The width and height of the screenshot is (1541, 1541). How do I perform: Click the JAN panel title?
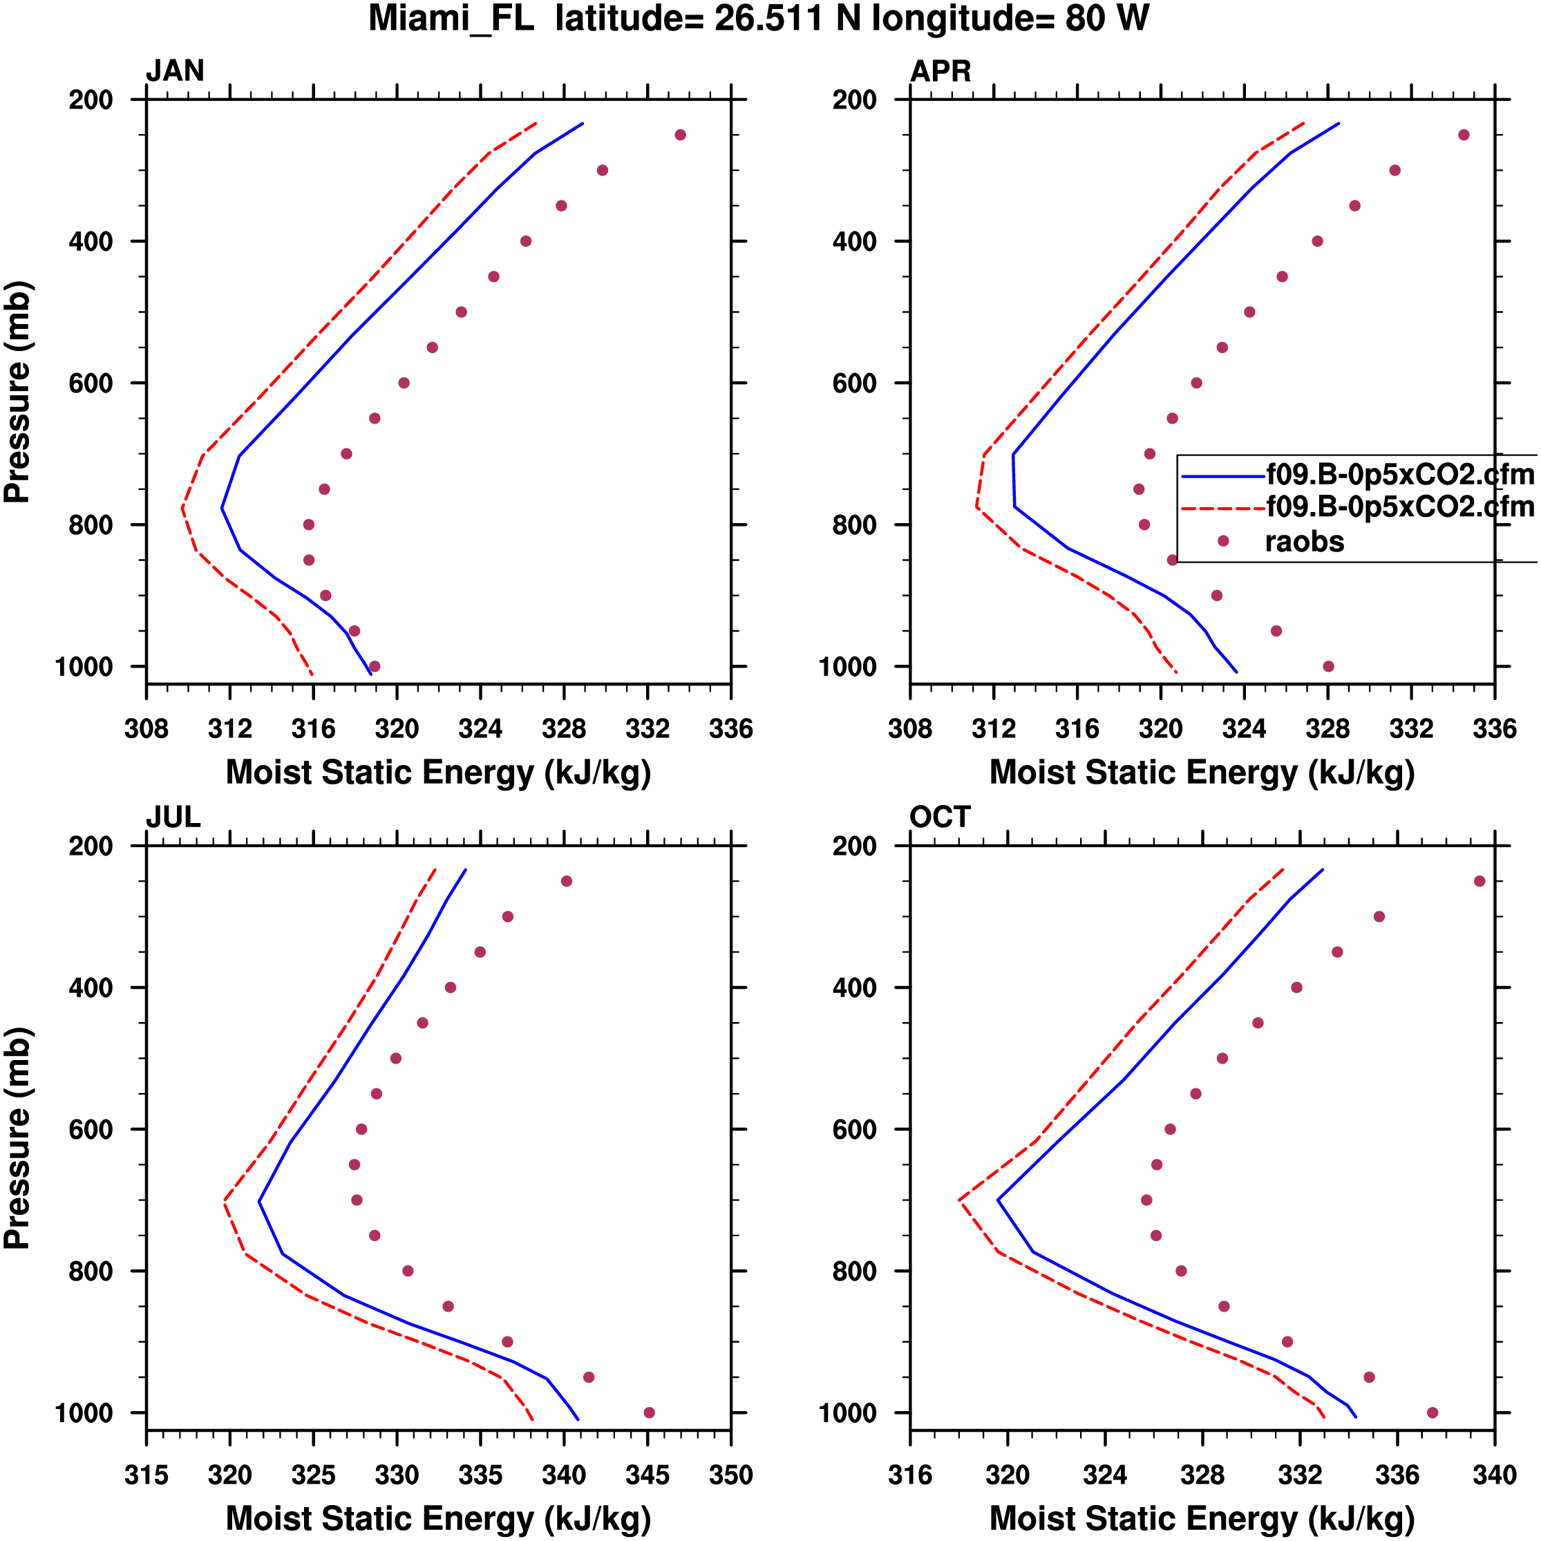click(x=175, y=71)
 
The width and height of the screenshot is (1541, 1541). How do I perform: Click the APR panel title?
click(x=940, y=71)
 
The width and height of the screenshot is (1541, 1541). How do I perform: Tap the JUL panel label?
click(x=173, y=817)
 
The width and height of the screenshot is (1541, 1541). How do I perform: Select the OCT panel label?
click(x=940, y=817)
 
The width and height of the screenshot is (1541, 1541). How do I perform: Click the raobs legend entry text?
click(x=1304, y=542)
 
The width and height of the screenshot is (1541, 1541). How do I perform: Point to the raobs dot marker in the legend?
click(x=1222, y=542)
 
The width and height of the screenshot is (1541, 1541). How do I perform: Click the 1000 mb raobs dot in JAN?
click(x=375, y=667)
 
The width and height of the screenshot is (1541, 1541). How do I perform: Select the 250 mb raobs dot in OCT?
click(x=1479, y=881)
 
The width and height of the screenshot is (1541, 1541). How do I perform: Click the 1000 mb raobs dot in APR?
click(x=1328, y=667)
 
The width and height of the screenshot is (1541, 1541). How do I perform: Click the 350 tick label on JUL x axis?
click(x=730, y=1475)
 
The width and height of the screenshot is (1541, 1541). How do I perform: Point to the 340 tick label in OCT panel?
click(x=1494, y=1475)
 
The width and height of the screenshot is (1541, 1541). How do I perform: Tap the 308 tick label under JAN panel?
click(x=146, y=729)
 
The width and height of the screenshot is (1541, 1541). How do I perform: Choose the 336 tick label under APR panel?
click(x=1494, y=729)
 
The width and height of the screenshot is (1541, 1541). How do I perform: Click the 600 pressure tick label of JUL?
click(x=91, y=1129)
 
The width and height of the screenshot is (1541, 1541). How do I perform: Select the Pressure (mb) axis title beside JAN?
click(x=17, y=392)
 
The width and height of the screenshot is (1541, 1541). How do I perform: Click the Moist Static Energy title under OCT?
click(x=1202, y=1519)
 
